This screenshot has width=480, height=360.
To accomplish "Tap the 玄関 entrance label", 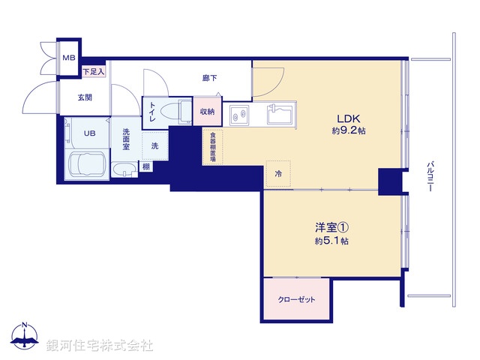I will pyautogui.click(x=84, y=97).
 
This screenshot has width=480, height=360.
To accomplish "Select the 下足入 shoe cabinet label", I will pyautogui.click(x=94, y=71).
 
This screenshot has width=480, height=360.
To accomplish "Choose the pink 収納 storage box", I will pyautogui.click(x=207, y=112).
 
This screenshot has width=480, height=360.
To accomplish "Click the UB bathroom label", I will pyautogui.click(x=89, y=133).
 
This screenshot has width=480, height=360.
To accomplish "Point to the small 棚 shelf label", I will pyautogui.click(x=145, y=166).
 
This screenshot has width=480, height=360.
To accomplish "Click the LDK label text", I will pyautogui.click(x=349, y=118).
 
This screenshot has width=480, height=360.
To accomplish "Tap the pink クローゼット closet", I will pyautogui.click(x=298, y=300).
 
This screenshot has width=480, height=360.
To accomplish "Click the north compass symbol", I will pyautogui.click(x=25, y=336).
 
